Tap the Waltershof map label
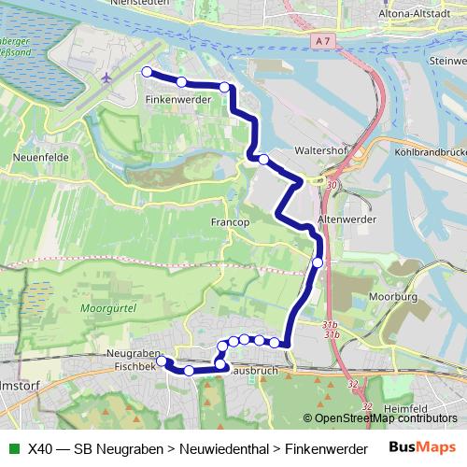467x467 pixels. (x=321, y=149)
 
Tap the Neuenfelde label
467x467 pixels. (x=37, y=159)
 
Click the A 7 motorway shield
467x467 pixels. (x=323, y=41)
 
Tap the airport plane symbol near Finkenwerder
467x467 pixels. (x=111, y=78)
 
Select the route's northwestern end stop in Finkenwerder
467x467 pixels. (x=147, y=71)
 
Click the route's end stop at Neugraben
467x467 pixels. (x=162, y=361)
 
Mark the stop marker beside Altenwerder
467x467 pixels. (x=318, y=262)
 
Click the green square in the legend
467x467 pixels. (x=13, y=448)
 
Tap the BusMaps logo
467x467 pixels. (x=423, y=447)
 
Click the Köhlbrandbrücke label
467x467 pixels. (x=431, y=150)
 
